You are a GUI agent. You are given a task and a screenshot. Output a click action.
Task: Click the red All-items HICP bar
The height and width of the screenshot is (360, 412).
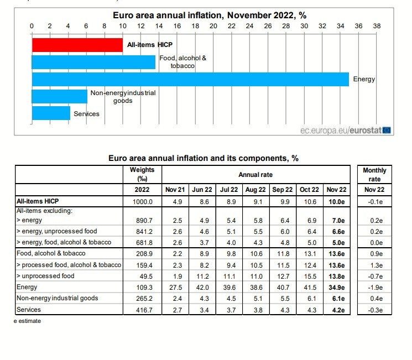pos(77,45)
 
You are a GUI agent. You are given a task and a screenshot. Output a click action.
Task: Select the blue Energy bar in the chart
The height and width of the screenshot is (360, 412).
pos(190,80)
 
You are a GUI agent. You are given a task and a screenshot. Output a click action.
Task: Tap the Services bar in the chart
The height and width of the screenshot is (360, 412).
pos(51,113)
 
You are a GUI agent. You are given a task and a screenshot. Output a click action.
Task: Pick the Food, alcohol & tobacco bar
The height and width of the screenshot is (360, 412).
pos(93,62)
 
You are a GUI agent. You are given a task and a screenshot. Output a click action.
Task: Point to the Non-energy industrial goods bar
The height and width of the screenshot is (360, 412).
pos(60,96)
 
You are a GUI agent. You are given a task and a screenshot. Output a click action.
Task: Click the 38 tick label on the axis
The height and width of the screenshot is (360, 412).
pos(377,26)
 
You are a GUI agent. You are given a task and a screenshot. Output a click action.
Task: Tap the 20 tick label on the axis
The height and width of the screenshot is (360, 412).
pos(213,26)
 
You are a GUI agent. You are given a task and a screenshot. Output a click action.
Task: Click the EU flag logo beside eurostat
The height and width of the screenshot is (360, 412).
pos(387,130)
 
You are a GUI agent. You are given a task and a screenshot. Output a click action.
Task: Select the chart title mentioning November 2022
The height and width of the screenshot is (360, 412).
pos(210,15)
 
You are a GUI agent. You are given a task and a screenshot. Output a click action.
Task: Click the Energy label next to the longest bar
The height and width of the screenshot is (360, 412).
pos(364,79)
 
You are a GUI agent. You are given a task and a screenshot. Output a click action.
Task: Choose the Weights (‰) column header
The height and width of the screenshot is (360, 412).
pos(142,174)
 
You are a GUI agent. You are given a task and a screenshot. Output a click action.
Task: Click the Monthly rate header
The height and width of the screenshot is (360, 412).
pos(374,175)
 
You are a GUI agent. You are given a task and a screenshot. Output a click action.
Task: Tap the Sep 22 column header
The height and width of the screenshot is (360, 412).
pos(283,190)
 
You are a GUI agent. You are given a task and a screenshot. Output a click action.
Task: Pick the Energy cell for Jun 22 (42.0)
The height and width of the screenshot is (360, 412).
pos(202,288)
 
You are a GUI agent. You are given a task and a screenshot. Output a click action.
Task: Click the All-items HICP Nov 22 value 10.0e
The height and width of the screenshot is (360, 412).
pos(337,202)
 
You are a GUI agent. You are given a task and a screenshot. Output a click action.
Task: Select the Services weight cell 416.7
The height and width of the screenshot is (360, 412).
pos(144,310)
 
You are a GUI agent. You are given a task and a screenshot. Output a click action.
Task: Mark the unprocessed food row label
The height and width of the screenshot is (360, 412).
pos(45,276)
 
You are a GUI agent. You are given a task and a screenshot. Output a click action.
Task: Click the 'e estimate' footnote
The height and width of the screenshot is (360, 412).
pos(27,321)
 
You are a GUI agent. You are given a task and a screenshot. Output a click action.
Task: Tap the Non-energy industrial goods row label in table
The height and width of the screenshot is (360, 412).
pos(58,298)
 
